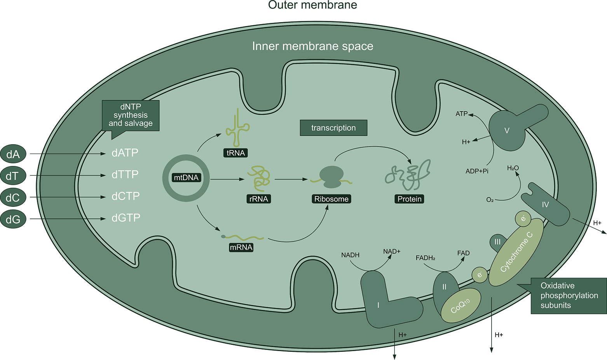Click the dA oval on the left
[x=13, y=154]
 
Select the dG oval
[x=13, y=219]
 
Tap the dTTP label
[x=125, y=175]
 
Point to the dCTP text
[x=126, y=196]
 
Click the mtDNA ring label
[x=186, y=178]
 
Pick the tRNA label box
[x=235, y=153]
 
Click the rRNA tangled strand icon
[x=260, y=177]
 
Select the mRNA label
[x=241, y=247]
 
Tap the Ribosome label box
[x=331, y=199]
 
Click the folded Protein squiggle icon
[x=407, y=172]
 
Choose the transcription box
[x=333, y=128]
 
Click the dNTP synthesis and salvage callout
[x=131, y=115]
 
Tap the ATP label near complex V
[x=461, y=114]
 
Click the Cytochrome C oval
[x=516, y=252]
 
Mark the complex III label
[x=497, y=242]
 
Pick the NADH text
[x=350, y=255]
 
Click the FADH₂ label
[x=426, y=258]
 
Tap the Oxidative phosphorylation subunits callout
[x=569, y=295]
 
